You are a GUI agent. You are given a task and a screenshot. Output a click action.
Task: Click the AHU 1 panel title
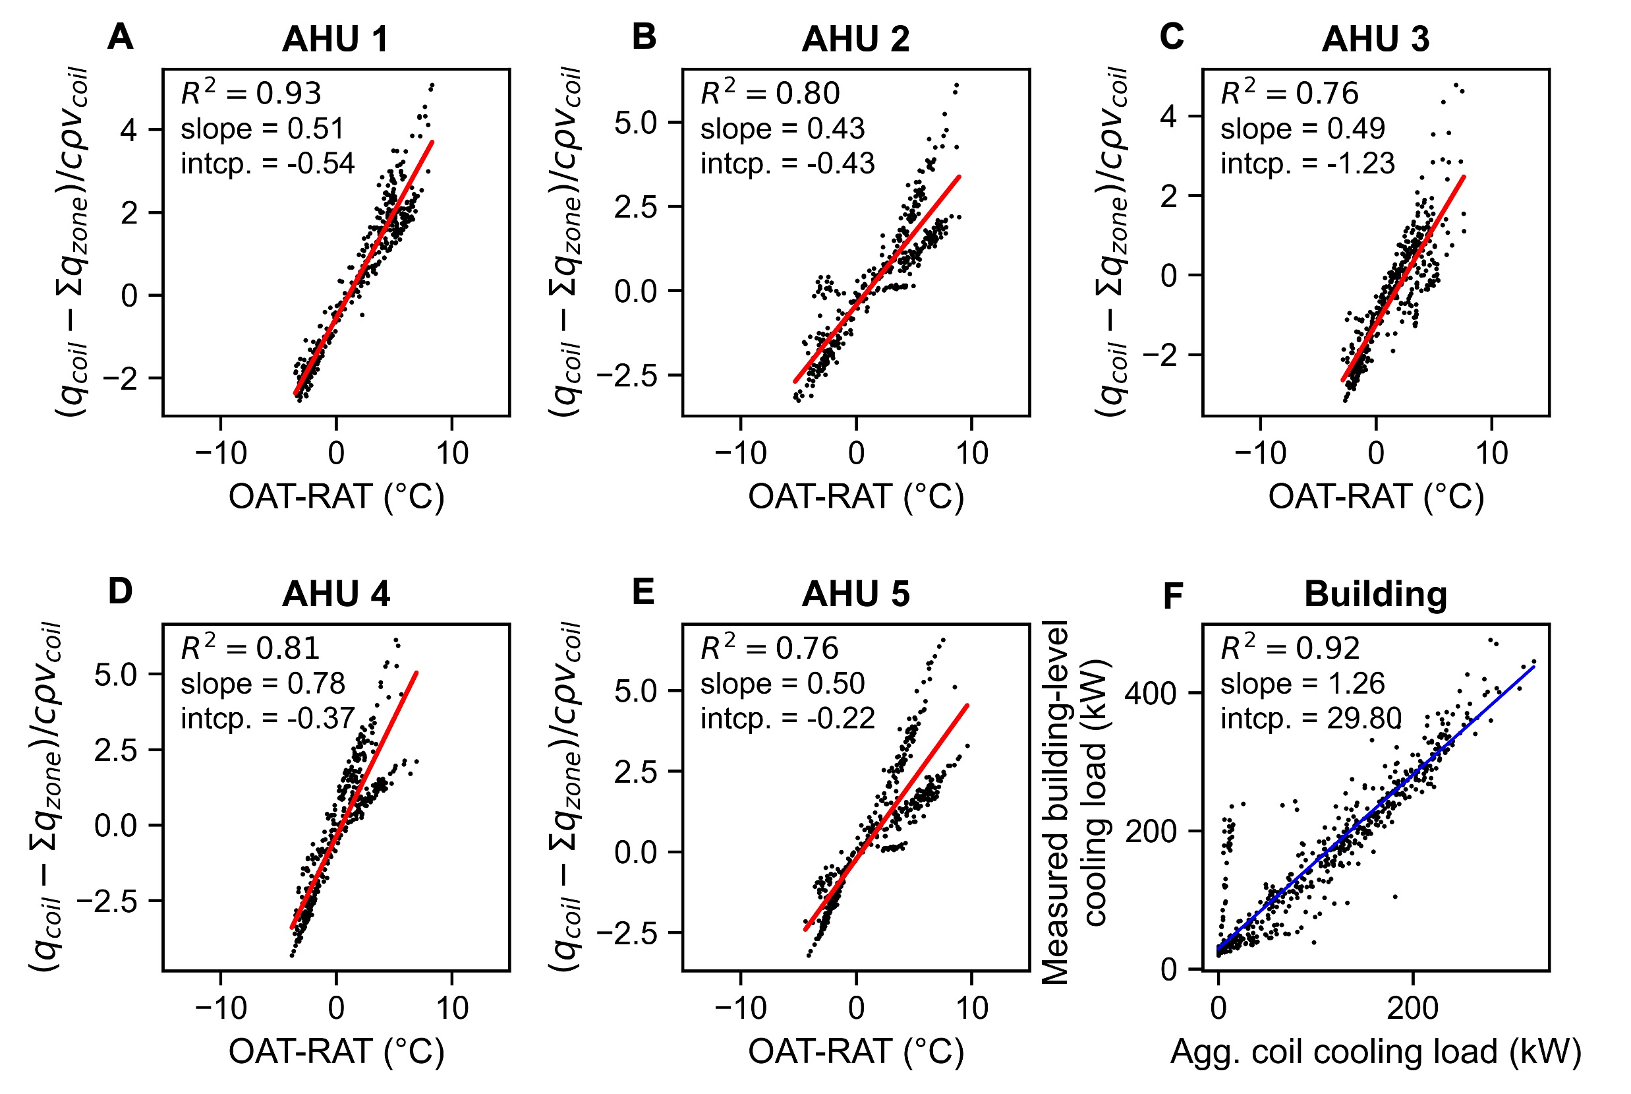[335, 39]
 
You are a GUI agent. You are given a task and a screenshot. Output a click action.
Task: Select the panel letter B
[644, 37]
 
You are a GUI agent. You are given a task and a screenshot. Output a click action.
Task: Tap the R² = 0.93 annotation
[251, 93]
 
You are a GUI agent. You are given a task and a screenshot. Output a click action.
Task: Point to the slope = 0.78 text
[262, 683]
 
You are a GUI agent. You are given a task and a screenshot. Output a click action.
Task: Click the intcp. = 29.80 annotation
[1310, 718]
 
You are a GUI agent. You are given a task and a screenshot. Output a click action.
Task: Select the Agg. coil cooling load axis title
[1376, 1051]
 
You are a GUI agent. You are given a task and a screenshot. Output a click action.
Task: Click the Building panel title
[1376, 594]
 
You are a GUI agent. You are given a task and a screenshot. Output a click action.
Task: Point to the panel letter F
[1173, 596]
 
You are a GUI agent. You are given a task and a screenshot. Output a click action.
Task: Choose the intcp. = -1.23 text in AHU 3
[1307, 164]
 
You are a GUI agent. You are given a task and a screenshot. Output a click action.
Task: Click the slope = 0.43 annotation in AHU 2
[782, 129]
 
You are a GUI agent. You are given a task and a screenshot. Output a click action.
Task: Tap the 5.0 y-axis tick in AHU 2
[636, 123]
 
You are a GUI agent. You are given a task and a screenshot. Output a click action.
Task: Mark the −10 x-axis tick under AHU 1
[221, 454]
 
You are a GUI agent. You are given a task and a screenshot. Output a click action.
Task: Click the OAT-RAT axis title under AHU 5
[855, 1051]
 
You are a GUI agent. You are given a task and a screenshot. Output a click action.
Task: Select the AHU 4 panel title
[335, 594]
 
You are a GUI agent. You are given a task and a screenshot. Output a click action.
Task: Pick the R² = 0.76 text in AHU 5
[769, 648]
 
